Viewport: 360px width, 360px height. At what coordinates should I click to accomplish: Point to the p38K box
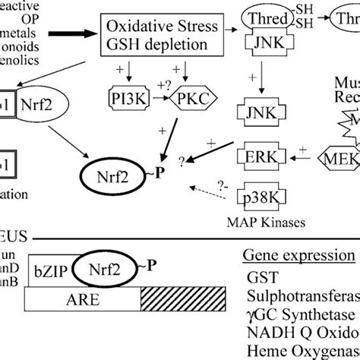260,195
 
